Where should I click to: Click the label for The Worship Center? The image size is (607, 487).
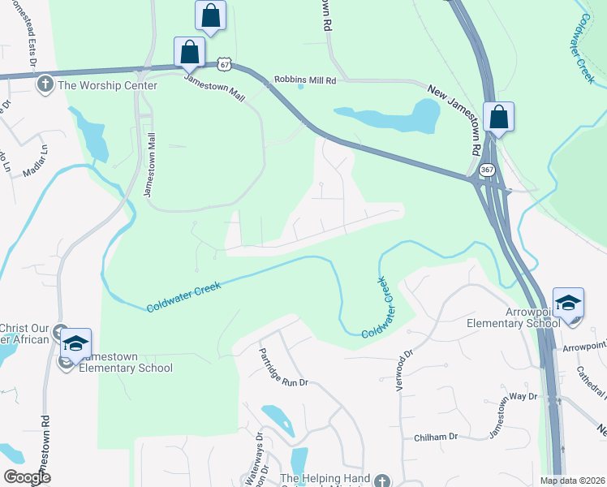95,84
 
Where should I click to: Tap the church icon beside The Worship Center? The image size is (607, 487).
44,84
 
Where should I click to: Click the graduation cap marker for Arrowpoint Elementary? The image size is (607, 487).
568,303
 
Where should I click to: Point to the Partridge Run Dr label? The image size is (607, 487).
284,368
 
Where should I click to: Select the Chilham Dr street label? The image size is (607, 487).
437,437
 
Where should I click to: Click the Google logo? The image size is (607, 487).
28,477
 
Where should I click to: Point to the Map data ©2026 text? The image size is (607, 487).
572,481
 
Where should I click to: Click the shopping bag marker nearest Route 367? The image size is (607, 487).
498,117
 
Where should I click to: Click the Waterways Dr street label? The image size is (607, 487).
257,455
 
